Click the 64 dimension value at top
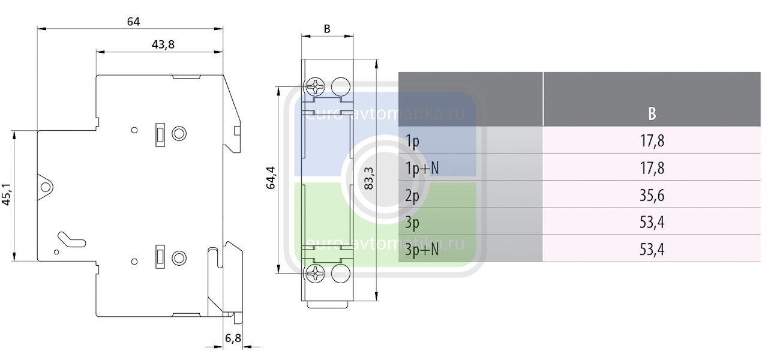(x=133, y=22)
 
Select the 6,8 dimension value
(x=233, y=338)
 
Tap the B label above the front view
(x=326, y=29)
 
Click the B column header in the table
(x=652, y=113)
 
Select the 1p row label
(x=412, y=141)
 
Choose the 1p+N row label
(x=422, y=168)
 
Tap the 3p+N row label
(x=422, y=250)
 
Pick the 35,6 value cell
(x=652, y=196)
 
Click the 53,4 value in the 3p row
(x=652, y=223)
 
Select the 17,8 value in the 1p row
(x=652, y=141)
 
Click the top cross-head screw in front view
(x=315, y=87)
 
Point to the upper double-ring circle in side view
(x=179, y=133)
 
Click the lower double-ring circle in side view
(x=179, y=258)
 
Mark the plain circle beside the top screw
(x=340, y=87)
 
